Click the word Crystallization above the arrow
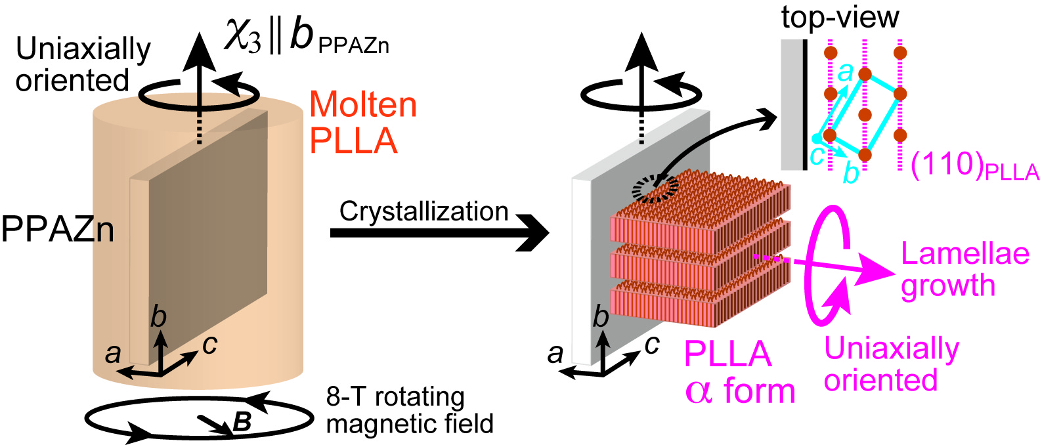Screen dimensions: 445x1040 pos(423,211)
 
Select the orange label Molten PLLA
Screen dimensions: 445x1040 pos(362,123)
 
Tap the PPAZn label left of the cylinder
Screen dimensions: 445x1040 pos(57,230)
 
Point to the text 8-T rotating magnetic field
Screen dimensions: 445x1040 pos(409,410)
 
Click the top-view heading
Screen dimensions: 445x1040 pos(840,17)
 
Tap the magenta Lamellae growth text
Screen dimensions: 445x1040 pos(964,269)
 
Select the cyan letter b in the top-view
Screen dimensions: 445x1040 pos(850,174)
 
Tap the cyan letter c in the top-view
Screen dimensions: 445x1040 pos(816,156)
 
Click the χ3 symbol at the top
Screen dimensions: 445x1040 pos(243,35)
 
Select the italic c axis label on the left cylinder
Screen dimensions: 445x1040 pos(209,344)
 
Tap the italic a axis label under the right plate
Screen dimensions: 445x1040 pos(555,354)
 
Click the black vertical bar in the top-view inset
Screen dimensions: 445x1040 pos(804,105)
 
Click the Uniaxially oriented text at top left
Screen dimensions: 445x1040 pos(82,64)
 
